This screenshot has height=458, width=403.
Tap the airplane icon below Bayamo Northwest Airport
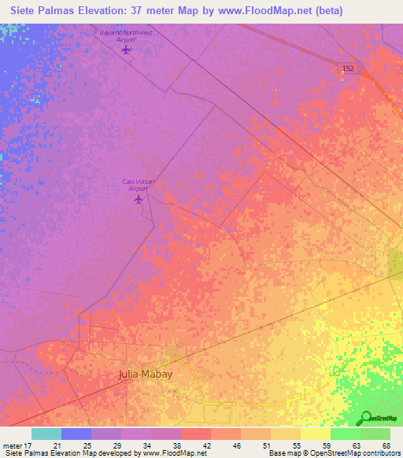pyautogui.click(x=127, y=50)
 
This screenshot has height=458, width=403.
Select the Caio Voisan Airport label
pyautogui.click(x=138, y=184)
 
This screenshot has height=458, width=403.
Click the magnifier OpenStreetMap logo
pyautogui.click(x=366, y=418)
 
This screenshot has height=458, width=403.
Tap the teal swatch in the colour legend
pyautogui.click(x=46, y=434)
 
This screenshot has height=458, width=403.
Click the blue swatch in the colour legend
pyautogui.click(x=76, y=434)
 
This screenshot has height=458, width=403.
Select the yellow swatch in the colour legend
pyautogui.click(x=315, y=434)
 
